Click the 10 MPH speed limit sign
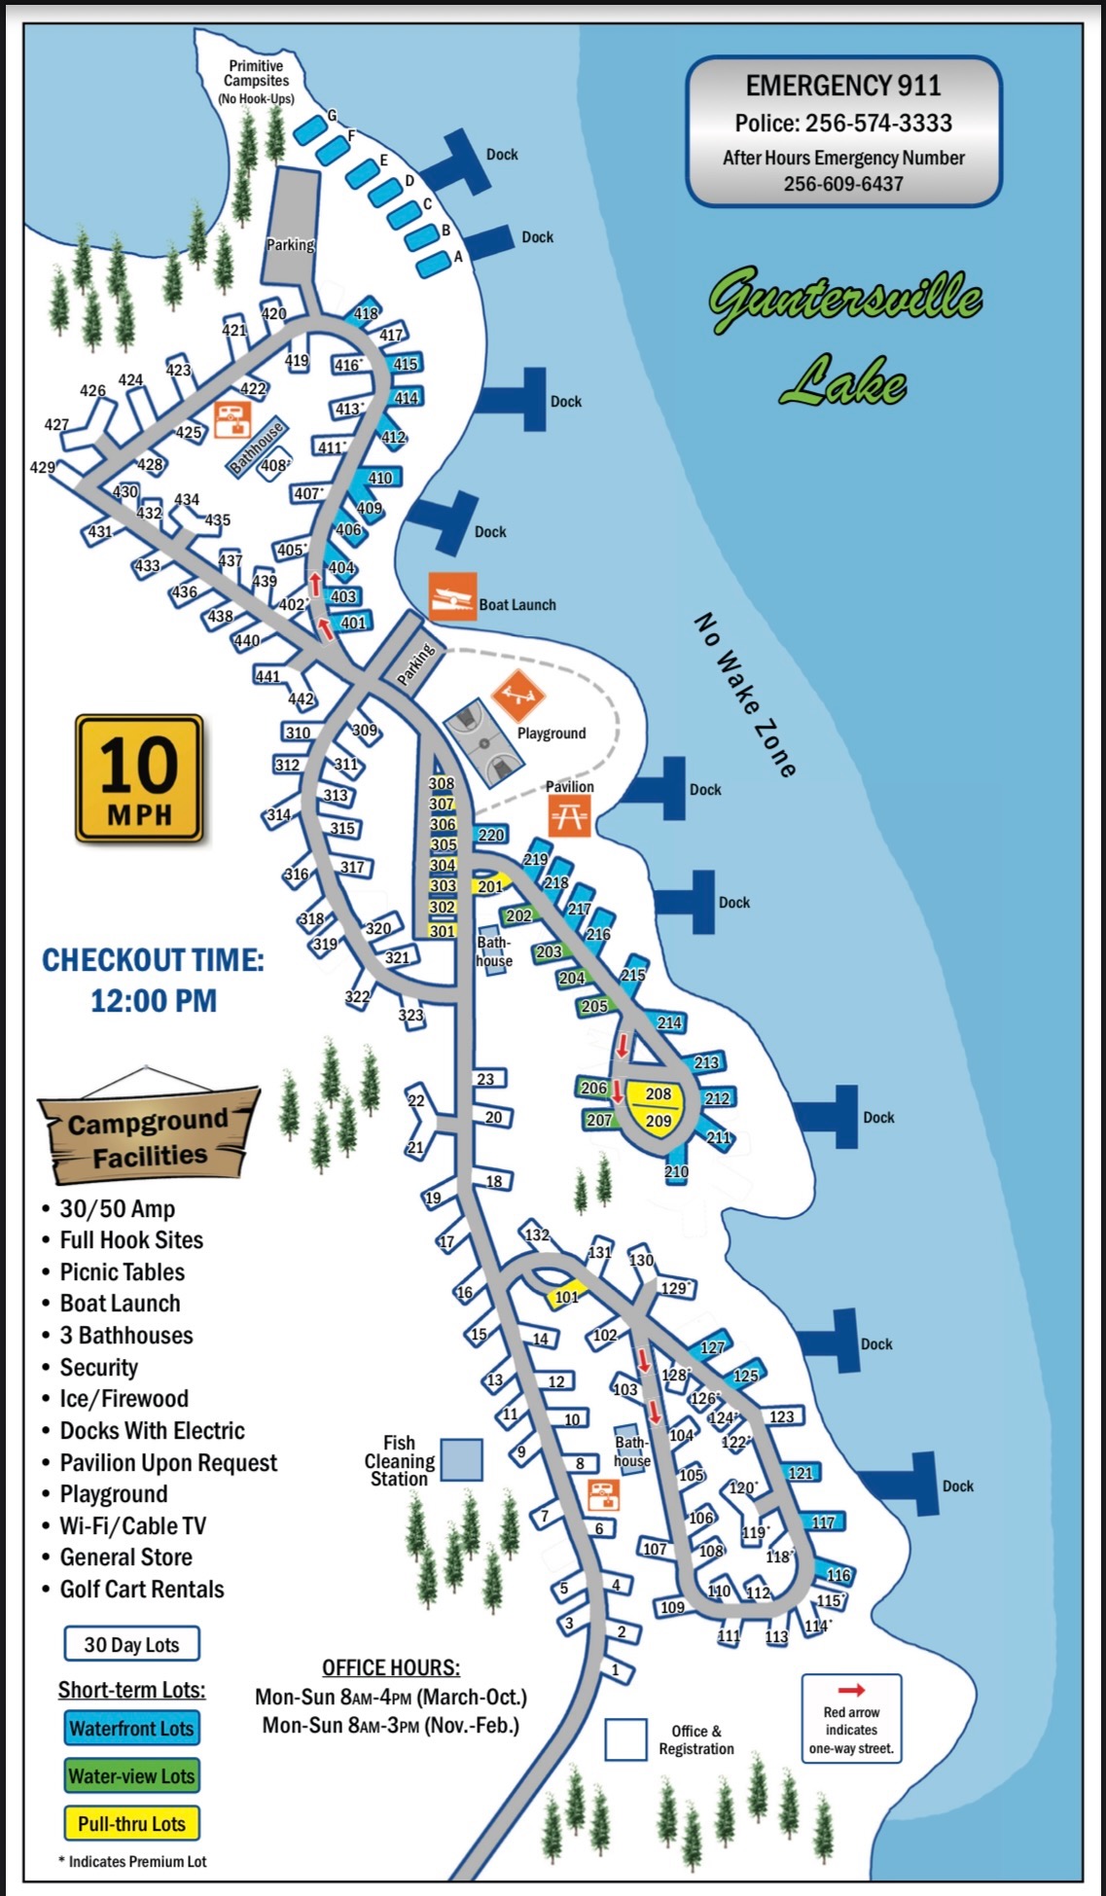click(x=139, y=778)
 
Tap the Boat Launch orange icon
click(x=452, y=596)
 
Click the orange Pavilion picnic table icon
click(x=569, y=816)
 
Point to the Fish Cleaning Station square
click(x=461, y=1460)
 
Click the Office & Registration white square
click(x=625, y=1739)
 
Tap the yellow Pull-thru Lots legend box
click(x=131, y=1823)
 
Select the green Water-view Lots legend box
click(x=131, y=1775)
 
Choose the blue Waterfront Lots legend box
click(x=131, y=1728)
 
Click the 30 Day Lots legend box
click(x=131, y=1644)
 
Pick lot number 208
click(x=659, y=1093)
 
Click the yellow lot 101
click(x=566, y=1297)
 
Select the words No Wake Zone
click(x=745, y=695)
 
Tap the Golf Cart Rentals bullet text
click(x=142, y=1589)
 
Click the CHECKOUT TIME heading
click(x=153, y=960)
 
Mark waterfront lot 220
click(x=491, y=835)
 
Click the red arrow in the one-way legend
click(x=851, y=1690)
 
